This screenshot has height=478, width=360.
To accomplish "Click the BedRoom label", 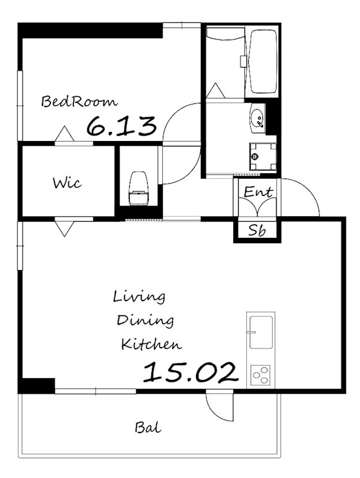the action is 80,102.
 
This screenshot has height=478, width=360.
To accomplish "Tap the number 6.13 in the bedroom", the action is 122,126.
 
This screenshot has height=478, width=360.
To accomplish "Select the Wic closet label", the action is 67,183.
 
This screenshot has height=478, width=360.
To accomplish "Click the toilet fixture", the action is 139,188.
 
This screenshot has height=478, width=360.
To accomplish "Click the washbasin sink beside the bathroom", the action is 258,118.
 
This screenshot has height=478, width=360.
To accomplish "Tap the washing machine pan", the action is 263,157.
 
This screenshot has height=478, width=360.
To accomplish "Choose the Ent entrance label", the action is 258,192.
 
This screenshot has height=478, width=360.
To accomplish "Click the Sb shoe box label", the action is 257,230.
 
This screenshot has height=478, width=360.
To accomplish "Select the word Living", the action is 139,297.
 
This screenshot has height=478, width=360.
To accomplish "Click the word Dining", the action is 145,321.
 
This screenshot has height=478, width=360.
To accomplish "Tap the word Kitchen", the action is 151,344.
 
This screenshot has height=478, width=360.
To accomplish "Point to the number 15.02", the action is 190,372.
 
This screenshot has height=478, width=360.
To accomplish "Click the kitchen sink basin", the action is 261,332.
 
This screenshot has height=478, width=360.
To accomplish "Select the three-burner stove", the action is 261,375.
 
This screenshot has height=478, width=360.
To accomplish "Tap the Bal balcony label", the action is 148,428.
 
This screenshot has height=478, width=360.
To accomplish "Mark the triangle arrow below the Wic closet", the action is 64,229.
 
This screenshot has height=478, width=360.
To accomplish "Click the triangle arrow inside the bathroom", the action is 215,91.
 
